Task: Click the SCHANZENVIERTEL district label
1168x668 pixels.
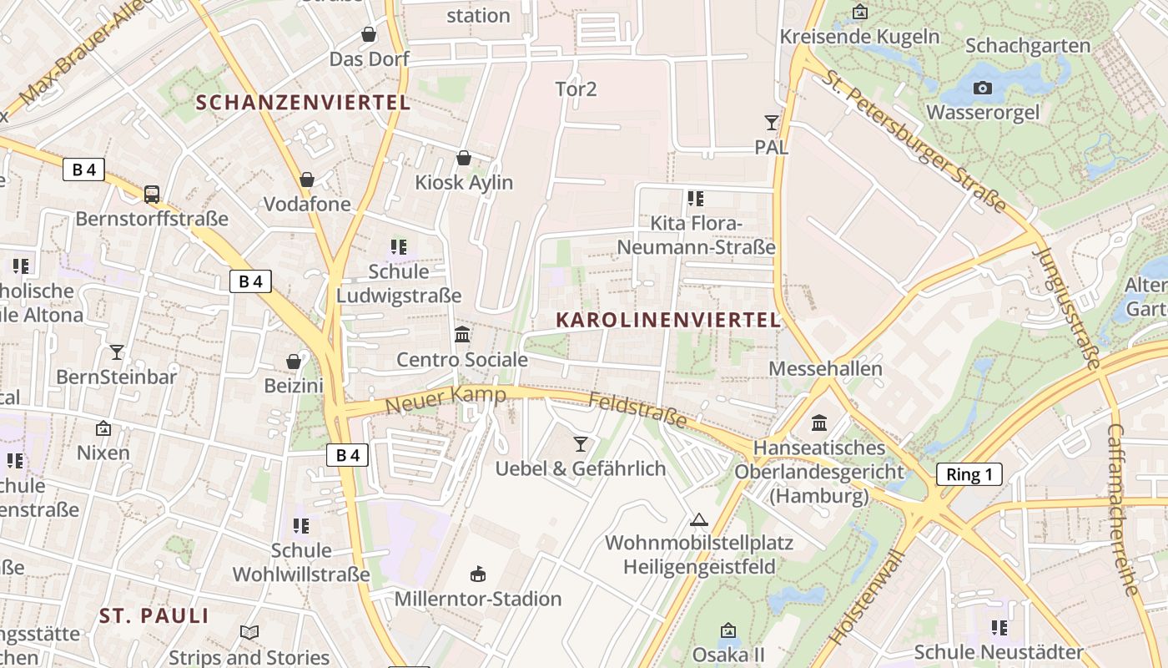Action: tap(304, 103)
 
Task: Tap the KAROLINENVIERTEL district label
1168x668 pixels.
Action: tap(668, 320)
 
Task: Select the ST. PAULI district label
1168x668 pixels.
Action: tap(154, 616)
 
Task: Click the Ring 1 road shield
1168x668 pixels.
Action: tap(969, 474)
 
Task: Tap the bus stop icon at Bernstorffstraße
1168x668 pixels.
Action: tap(152, 194)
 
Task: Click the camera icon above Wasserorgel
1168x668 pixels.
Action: tap(983, 88)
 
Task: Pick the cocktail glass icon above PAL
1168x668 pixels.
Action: tap(771, 123)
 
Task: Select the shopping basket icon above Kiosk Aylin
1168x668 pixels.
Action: tap(464, 158)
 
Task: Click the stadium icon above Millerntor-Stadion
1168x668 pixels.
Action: tap(478, 574)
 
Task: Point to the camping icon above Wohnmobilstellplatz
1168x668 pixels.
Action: tap(698, 519)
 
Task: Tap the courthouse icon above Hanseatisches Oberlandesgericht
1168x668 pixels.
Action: tap(819, 423)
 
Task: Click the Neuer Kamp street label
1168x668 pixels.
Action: tap(446, 399)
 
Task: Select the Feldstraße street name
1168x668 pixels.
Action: tap(638, 410)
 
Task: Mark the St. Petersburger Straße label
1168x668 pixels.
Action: tap(915, 139)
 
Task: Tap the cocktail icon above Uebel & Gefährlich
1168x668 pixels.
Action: tap(581, 443)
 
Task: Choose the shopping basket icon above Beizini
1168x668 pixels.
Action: tap(294, 362)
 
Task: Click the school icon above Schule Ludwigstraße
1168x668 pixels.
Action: tap(399, 247)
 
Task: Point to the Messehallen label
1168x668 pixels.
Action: tap(825, 368)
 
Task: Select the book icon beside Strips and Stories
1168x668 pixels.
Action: tap(249, 632)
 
